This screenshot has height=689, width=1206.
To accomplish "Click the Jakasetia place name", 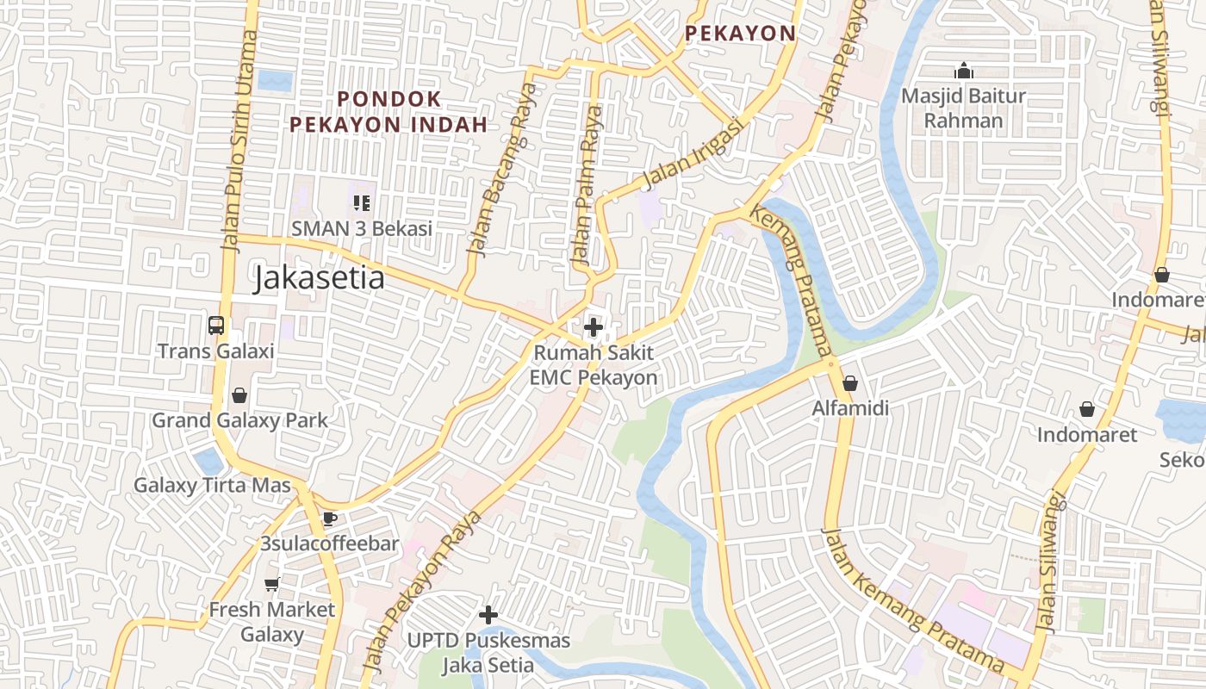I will [319, 279].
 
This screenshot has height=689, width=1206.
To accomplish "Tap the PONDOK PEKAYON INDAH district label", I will [389, 112].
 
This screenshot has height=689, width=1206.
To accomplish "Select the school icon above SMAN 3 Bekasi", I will [362, 203].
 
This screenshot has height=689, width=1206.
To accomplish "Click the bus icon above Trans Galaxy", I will [216, 326].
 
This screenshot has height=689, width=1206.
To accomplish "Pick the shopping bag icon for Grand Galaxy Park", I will [239, 395].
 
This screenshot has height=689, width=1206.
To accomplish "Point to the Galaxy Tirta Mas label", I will [212, 485].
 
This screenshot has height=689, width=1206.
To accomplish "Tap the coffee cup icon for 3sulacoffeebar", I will [329, 518].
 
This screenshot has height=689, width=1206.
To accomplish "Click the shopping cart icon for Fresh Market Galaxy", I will [272, 585].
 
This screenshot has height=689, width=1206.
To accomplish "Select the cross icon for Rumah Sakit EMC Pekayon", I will [593, 327].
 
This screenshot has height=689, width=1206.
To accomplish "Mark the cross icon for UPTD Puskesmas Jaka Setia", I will [488, 615].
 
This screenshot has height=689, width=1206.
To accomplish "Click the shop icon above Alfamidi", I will [850, 383].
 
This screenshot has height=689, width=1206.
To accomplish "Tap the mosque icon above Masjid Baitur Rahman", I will [964, 71].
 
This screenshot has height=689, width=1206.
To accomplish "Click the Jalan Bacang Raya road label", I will [500, 170].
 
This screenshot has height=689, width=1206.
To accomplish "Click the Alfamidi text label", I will [850, 408].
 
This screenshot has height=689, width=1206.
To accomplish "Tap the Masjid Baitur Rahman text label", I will [963, 108].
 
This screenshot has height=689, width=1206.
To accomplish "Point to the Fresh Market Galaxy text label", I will [272, 622].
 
